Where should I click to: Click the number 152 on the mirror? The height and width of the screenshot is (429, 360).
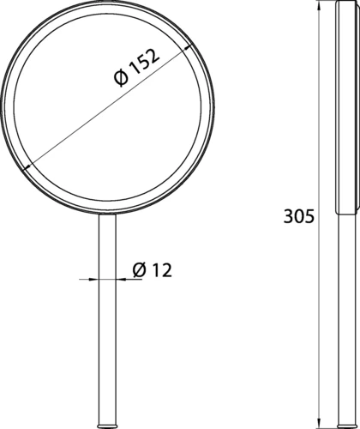(144, 62)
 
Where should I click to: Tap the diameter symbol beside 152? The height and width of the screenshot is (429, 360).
(121, 78)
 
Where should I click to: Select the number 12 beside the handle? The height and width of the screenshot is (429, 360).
(162, 270)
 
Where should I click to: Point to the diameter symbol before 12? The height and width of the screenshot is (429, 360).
(140, 270)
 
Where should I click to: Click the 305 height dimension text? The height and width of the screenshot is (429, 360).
(299, 216)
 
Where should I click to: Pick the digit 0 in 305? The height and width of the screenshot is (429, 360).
(299, 216)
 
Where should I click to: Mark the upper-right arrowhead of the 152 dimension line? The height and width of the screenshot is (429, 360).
(189, 48)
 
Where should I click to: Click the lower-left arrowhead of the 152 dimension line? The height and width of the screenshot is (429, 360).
(27, 167)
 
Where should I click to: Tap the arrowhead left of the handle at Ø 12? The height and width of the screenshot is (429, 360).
(93, 279)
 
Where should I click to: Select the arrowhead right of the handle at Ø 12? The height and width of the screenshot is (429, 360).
(121, 279)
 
